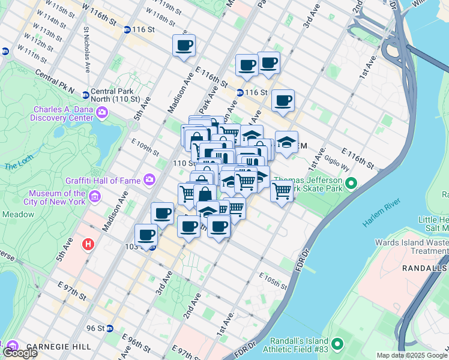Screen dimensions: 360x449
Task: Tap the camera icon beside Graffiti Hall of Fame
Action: click(x=149, y=179)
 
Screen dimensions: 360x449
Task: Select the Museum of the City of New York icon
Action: click(x=94, y=197)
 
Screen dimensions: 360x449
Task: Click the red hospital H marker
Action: click(x=89, y=245)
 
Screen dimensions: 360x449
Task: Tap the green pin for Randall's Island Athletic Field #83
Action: click(x=337, y=344)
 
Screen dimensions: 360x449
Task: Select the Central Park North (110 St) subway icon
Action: click(x=86, y=95)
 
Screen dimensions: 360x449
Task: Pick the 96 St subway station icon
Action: click(x=109, y=328)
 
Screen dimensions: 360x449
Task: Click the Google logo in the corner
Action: click(x=20, y=353)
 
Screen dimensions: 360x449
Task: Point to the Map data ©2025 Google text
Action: click(x=412, y=355)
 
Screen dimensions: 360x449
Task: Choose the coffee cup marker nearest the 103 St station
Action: click(x=146, y=235)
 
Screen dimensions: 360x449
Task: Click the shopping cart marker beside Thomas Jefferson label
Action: click(x=281, y=191)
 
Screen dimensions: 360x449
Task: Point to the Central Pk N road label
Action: click(x=55, y=82)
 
